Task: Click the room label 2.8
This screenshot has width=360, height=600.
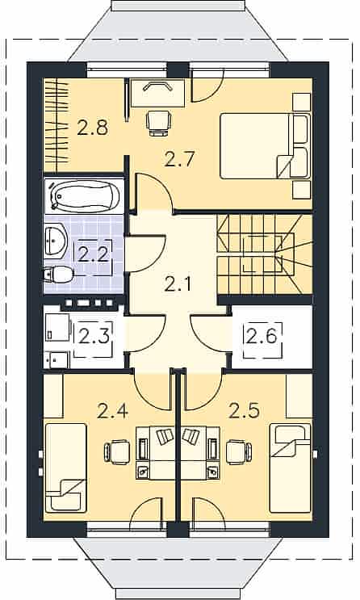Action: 93,128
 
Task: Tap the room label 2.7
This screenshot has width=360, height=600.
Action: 180,159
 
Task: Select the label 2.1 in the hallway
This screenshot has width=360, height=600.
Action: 178,284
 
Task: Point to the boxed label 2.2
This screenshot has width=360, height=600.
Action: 93,254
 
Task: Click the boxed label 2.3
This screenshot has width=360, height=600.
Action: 94,337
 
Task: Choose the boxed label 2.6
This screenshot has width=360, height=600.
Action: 262,337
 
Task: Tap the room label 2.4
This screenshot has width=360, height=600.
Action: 112,410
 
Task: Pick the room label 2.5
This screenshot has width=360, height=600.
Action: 244,410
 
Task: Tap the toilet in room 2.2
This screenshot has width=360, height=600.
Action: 58,275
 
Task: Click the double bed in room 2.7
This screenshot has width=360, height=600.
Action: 265,146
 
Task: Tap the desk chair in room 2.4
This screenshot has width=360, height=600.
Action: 117,452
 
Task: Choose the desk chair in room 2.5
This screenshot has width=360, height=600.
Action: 239,452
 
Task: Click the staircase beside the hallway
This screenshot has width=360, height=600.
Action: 265,254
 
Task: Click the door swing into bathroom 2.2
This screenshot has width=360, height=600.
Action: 145,254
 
